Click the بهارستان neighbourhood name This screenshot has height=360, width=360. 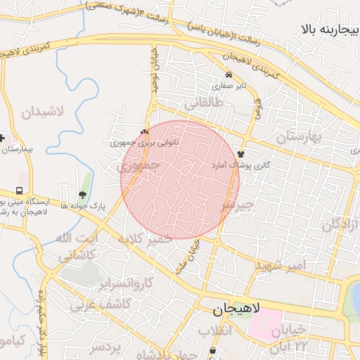297,136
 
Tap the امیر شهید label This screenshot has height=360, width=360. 281,265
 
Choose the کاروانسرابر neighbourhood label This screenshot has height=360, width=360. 127,284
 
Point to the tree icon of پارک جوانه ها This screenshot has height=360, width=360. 83,195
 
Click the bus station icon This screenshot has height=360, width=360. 19,191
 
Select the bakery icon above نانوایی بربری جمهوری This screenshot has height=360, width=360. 145,131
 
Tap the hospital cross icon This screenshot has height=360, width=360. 4,138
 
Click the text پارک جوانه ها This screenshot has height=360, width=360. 83,206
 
